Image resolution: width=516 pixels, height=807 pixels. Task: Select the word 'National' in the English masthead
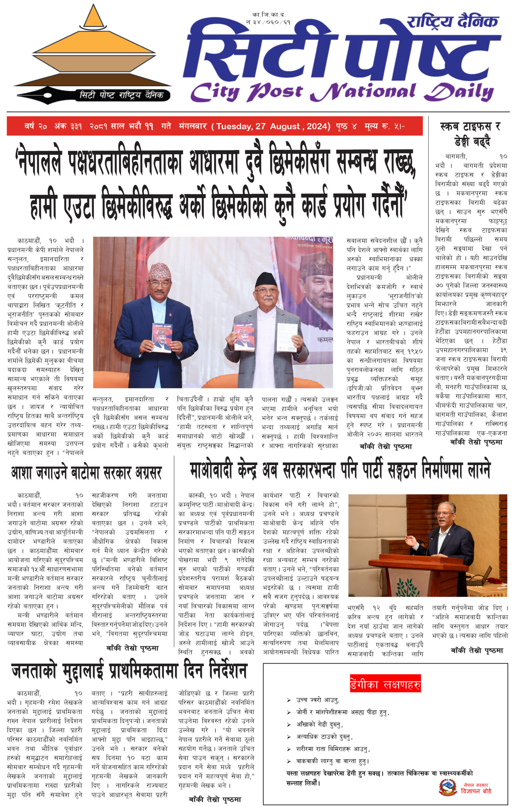tap(364, 92)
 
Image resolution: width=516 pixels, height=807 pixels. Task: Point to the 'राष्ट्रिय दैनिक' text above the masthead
tap(452, 21)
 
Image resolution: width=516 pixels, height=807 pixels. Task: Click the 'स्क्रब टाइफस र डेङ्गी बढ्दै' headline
tap(470, 134)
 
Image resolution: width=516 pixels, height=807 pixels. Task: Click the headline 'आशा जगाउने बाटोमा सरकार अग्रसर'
tap(86, 473)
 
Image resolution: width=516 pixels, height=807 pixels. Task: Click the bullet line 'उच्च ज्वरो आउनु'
tap(317, 700)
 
